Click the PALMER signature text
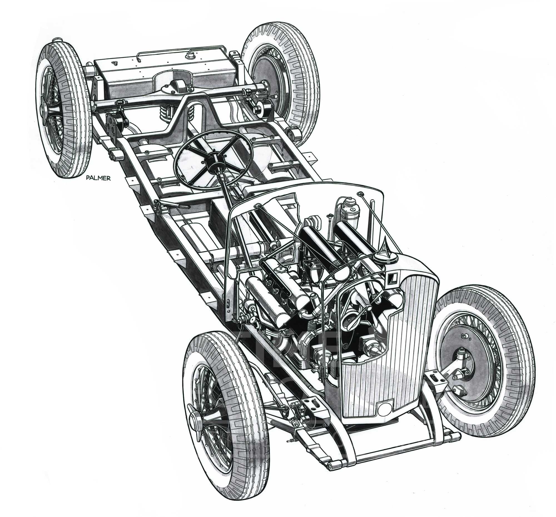(98, 178)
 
